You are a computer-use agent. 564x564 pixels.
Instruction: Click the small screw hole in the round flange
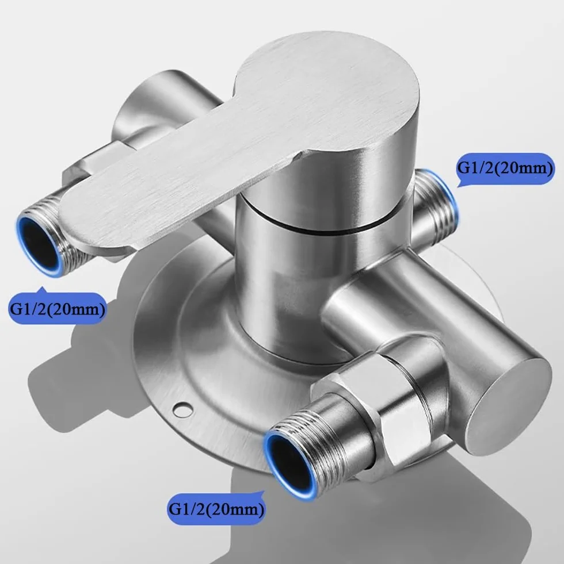(182, 408)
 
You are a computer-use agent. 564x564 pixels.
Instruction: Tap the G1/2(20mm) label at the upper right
(505, 168)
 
